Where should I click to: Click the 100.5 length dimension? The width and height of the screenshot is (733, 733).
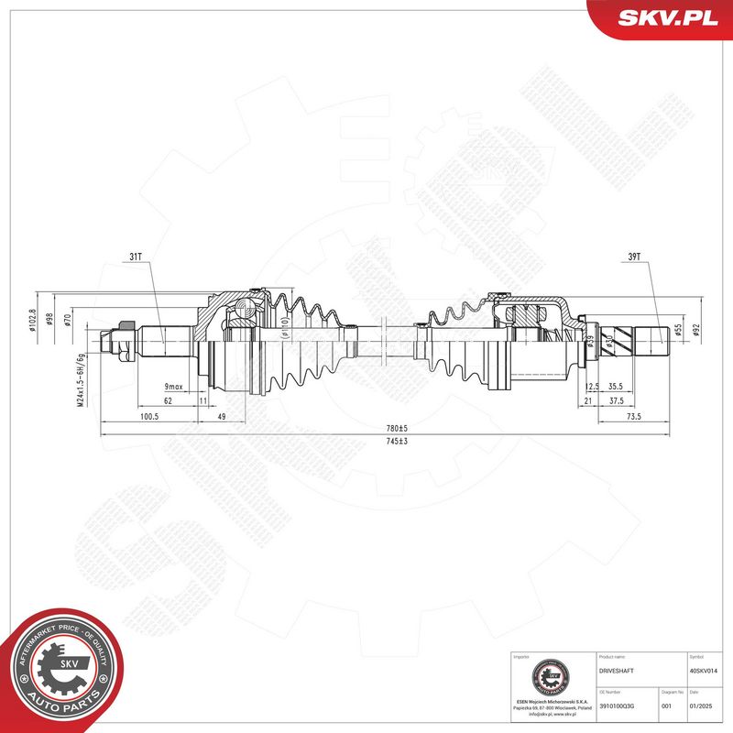point(148,417)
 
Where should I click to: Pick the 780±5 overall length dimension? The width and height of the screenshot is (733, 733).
point(396,428)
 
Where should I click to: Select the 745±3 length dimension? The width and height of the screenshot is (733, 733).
point(395,443)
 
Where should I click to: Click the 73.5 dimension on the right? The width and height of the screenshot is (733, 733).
point(632,417)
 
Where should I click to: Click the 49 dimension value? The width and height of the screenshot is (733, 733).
point(222,417)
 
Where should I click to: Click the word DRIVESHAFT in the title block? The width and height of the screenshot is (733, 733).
point(617,671)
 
